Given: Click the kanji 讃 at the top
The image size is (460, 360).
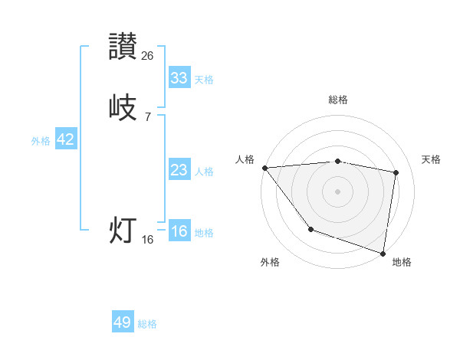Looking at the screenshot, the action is tap(123, 46).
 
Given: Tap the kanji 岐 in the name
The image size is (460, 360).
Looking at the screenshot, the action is tap(123, 107).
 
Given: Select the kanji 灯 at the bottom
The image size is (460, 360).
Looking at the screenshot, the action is tap(123, 230).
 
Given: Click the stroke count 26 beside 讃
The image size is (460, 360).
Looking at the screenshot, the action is tap(148, 55).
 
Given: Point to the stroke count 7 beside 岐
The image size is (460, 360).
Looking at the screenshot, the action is tap(148, 116).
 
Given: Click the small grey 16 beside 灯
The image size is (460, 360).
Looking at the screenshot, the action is tap(148, 239).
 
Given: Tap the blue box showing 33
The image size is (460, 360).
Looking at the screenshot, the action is tap(179, 77).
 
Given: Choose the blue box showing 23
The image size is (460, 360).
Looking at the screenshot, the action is tap(179, 170).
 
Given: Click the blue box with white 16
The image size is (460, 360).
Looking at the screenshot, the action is tap(179, 231).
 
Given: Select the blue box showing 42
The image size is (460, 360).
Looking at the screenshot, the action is tap(66, 139).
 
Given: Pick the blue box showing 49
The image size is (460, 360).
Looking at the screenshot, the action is tap(123, 322).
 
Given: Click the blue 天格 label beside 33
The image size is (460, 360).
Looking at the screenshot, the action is tap(204, 80).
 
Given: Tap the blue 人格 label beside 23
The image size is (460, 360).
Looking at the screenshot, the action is tap(204, 172).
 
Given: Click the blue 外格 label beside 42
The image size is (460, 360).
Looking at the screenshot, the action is tap(41, 141).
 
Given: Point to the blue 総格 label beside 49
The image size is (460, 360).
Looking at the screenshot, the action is tap(147, 324).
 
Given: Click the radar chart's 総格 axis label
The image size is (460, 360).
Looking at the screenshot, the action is tap(338, 100).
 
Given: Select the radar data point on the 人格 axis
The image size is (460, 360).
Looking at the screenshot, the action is tap(264, 168).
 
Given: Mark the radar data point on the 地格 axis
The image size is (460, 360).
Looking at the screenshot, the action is tap(383, 253).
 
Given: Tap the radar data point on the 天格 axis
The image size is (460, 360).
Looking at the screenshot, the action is tap(396, 172).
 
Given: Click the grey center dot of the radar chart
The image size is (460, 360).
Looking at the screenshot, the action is tap(338, 191).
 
